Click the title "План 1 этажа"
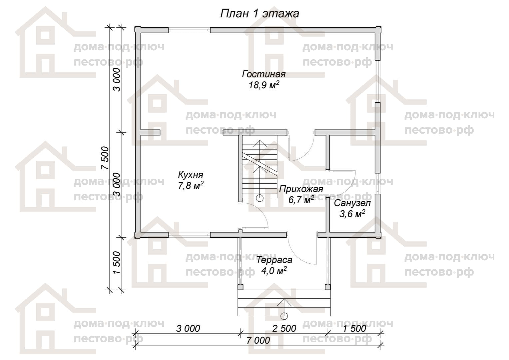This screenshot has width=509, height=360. [x=260, y=14]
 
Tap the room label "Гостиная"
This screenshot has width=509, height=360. [x=263, y=74]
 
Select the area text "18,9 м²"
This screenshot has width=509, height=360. [x=264, y=85]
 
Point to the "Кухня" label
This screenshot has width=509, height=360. [x=191, y=175]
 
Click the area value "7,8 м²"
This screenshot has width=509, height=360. [x=191, y=186]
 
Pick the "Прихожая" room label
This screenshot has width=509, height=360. [x=301, y=189]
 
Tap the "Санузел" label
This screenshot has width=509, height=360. [x=352, y=203]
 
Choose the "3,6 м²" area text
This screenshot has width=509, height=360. [x=352, y=214]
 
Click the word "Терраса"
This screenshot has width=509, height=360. [x=274, y=260]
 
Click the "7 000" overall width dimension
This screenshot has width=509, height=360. [x=258, y=340]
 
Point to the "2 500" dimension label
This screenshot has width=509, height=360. [x=284, y=328]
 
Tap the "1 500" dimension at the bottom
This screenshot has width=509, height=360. [x=354, y=328]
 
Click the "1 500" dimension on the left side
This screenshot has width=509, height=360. [x=117, y=262]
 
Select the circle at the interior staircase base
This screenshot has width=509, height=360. [x=259, y=198]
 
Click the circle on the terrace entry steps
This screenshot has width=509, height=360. [x=284, y=316]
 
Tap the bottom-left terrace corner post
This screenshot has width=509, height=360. [x=241, y=287]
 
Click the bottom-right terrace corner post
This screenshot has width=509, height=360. [x=328, y=287]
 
